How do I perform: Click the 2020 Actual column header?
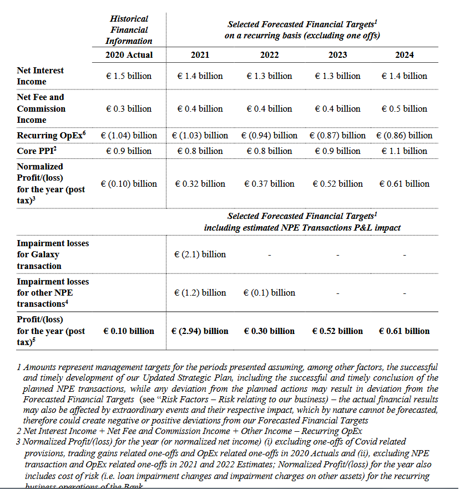pos(129,55)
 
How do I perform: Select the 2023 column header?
pos(337,55)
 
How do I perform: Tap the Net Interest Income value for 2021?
pos(200,76)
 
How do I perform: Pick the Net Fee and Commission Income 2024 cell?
pos(404,109)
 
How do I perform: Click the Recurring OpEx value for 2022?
pos(269,136)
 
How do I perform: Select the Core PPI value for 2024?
pos(404,151)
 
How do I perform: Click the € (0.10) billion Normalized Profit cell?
pos(129,184)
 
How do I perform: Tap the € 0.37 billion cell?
pos(269,184)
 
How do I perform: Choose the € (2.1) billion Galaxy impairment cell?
pos(200,255)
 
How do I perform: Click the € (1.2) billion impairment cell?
pos(200,293)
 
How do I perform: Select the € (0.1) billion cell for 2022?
pos(269,293)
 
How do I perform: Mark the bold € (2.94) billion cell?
pos(200,331)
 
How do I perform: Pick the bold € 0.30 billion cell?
pos(269,331)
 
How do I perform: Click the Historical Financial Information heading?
pos(129,30)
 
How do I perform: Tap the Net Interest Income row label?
pos(40,76)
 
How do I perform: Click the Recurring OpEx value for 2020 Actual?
pos(129,136)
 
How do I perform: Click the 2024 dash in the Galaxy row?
pos(404,255)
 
